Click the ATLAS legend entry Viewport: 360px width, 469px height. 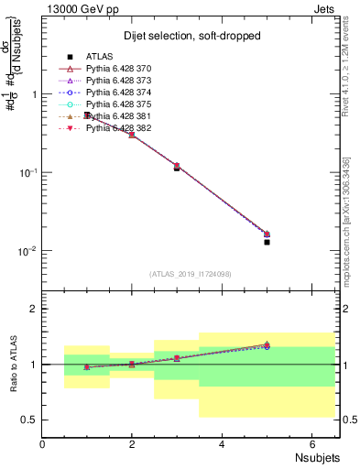coord(98,55)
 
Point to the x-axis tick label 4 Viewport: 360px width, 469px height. coord(222,443)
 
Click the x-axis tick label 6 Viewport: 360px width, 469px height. coord(311,443)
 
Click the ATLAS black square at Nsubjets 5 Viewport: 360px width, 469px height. coord(267,242)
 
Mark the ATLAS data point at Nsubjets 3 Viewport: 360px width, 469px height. coord(177,168)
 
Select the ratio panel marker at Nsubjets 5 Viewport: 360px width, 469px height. coord(267,345)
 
